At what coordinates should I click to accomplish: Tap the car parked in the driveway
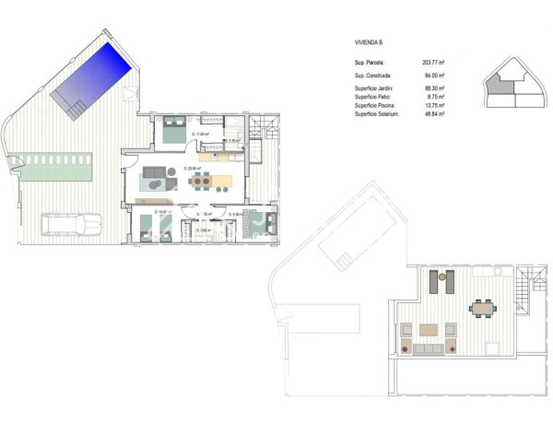pyautogui.click(x=73, y=224)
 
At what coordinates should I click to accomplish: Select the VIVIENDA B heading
pyautogui.click(x=371, y=42)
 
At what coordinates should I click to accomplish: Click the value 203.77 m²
pyautogui.click(x=431, y=63)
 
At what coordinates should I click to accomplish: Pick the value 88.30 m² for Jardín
pyautogui.click(x=433, y=88)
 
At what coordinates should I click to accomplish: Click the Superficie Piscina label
pyautogui.click(x=379, y=105)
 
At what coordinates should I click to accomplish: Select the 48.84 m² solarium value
pyautogui.click(x=433, y=113)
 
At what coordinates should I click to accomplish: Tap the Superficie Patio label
pyautogui.click(x=376, y=96)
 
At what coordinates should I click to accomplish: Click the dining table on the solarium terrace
pyautogui.click(x=481, y=307)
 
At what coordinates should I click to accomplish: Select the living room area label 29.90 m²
pyautogui.click(x=193, y=169)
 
